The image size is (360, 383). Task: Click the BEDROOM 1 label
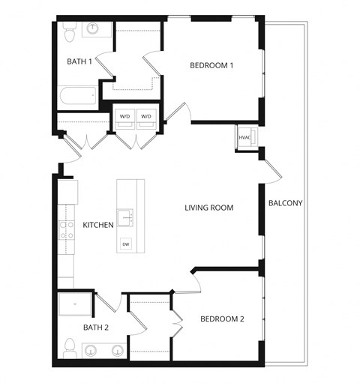[x=211, y=66]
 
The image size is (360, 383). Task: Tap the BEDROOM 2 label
[x=222, y=319]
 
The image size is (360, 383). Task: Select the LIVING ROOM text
[x=209, y=208]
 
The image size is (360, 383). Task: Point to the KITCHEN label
[x=97, y=225]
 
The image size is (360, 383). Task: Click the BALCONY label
[x=285, y=203]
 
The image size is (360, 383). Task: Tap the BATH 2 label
[x=96, y=328]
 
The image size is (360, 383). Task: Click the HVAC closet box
[x=245, y=138]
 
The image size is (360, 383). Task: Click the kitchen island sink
[x=125, y=218]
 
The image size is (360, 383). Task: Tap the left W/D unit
[x=122, y=117]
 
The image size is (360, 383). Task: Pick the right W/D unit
[x=147, y=117]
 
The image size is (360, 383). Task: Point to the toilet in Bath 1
[x=68, y=32]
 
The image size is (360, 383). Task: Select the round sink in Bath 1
[x=94, y=29]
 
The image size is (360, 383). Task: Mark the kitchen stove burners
[x=65, y=229]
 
